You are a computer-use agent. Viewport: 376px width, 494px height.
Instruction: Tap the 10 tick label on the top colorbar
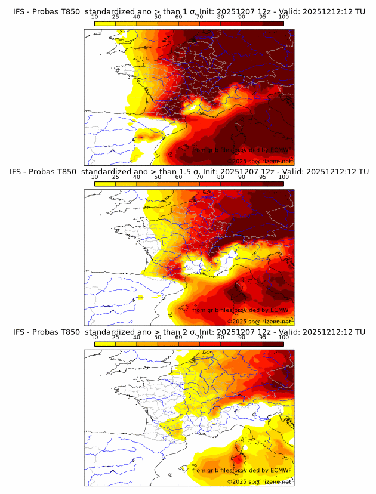click(x=95, y=17)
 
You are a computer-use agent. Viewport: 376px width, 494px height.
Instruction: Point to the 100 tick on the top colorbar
click(x=283, y=17)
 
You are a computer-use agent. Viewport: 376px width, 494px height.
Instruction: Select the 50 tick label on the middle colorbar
click(x=158, y=177)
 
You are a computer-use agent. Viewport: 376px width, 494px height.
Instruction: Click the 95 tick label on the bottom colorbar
click(x=263, y=337)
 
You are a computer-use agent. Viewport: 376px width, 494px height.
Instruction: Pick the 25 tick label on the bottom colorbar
click(x=116, y=337)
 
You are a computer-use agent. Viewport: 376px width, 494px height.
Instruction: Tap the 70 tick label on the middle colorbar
click(x=200, y=177)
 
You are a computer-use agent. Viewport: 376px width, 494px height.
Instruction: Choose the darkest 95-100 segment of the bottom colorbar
click(x=273, y=344)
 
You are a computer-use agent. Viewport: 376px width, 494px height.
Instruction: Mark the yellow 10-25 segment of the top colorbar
click(x=105, y=23)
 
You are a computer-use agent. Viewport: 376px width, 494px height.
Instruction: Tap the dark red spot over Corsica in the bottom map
click(x=238, y=460)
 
